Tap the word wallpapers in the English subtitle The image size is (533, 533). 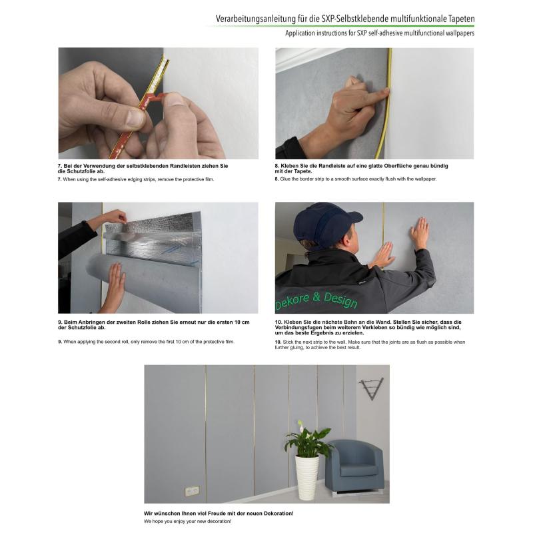[x=458, y=33]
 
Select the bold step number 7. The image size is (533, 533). [x=60, y=166]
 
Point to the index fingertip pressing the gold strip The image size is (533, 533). [x=386, y=91]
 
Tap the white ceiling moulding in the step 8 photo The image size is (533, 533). [x=299, y=57]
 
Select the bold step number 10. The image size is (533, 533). [x=278, y=322]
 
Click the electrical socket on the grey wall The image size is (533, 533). [x=192, y=490]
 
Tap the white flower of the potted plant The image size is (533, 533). [x=300, y=424]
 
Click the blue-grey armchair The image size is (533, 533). [x=354, y=466]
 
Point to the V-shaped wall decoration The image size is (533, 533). [x=372, y=388]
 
